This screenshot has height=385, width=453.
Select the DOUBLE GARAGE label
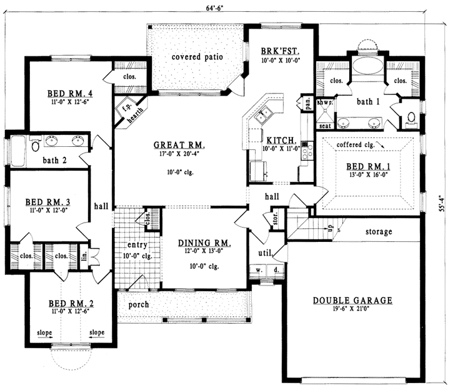tap(352, 301)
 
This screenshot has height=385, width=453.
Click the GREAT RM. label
tap(180, 146)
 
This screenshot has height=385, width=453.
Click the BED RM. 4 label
tap(68, 94)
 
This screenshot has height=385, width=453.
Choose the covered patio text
tap(197, 57)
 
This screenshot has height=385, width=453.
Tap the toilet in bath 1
tap(411, 117)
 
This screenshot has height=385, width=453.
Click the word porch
tap(139, 306)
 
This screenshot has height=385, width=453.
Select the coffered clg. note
tap(358, 145)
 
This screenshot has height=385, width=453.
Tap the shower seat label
tap(325, 126)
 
